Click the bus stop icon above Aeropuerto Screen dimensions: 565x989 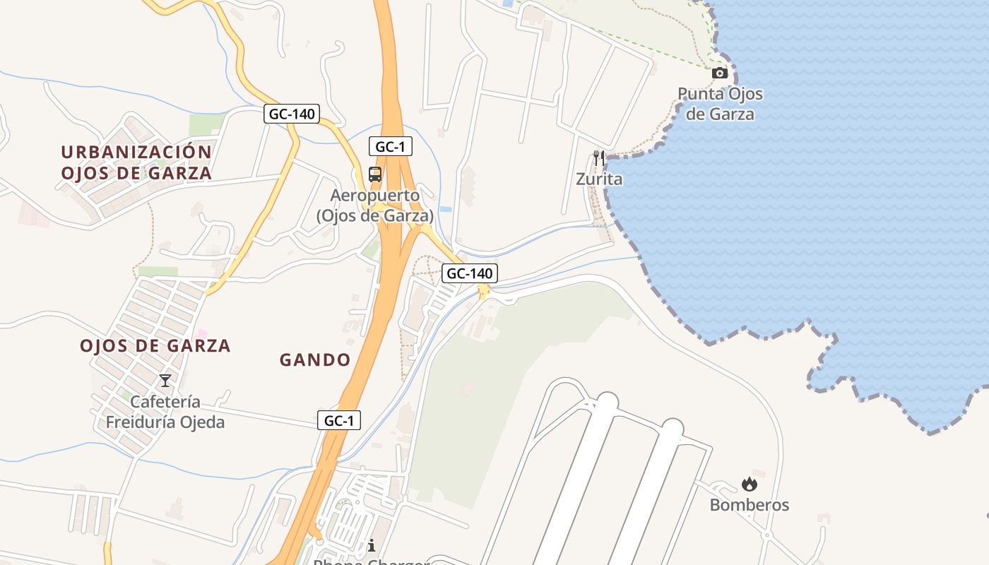tap(375, 174)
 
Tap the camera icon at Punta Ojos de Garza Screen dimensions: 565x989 tap(719, 73)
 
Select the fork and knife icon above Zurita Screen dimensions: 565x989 tap(599, 158)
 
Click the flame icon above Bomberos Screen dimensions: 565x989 tap(749, 484)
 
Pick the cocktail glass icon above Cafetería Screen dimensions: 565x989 tap(165, 381)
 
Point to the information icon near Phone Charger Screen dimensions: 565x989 tap(372, 545)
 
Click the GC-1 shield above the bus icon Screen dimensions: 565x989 tap(390, 147)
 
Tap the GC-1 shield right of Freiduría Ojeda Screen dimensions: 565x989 tap(338, 420)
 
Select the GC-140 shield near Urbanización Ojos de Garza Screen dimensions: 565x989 tap(292, 114)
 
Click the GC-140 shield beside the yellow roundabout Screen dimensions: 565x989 tap(469, 273)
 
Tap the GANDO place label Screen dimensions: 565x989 tap(315, 360)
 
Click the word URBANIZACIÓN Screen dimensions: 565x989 tap(136, 152)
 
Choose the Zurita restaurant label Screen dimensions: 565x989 tap(599, 179)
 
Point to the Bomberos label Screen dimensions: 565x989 tap(749, 505)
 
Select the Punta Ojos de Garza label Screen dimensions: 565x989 tap(720, 104)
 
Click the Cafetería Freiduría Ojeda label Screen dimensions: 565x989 tap(165, 412)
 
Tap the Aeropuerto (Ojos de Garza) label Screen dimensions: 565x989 tap(374, 206)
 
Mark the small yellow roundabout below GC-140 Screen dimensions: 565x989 tap(484, 290)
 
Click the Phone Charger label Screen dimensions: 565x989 tap(372, 561)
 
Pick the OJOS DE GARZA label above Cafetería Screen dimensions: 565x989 tap(155, 346)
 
